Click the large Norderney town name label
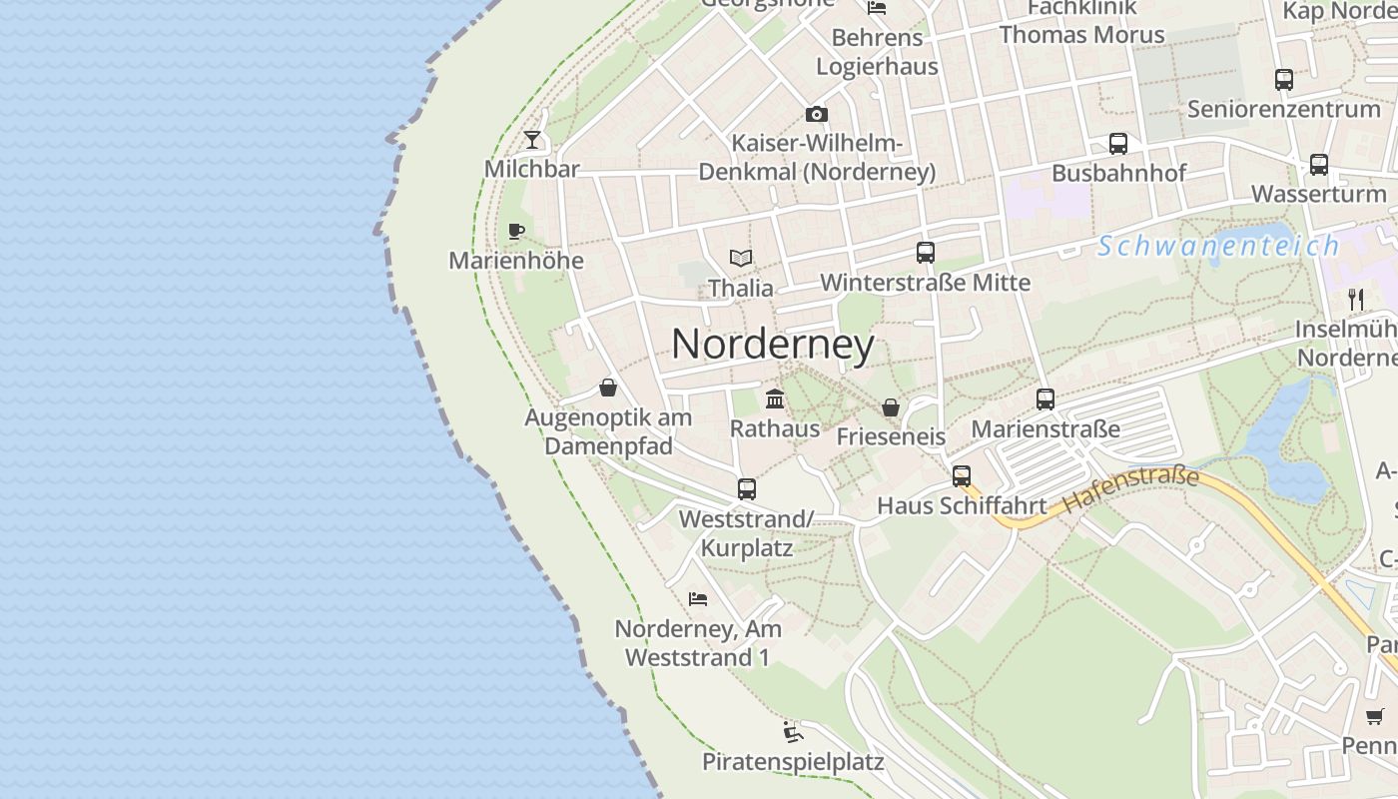(773, 345)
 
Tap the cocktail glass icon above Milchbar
(532, 140)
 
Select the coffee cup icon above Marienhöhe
(516, 232)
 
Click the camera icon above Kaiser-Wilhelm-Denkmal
(817, 114)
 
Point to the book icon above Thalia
(740, 259)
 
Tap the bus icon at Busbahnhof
(1118, 144)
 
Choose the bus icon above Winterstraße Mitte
(926, 253)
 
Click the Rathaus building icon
(774, 399)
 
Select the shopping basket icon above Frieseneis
(890, 407)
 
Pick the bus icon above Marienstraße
(1046, 399)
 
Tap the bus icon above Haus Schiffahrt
(962, 476)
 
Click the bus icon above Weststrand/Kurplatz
(747, 489)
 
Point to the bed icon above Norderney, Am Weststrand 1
(698, 599)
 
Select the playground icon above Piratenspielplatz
(793, 733)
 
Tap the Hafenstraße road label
(1130, 490)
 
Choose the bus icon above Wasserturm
(1319, 165)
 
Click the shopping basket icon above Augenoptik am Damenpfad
(608, 388)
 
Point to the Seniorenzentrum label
(1283, 109)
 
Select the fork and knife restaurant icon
(1355, 299)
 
